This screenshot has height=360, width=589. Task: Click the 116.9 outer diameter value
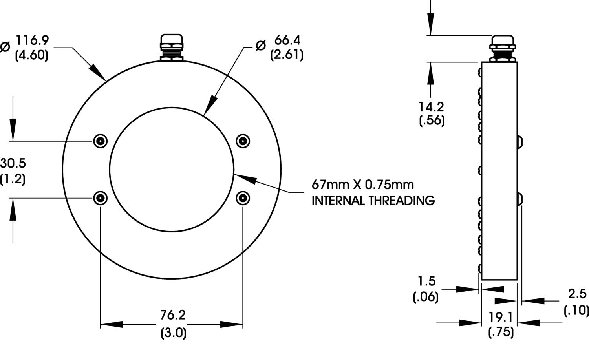pyautogui.click(x=33, y=40)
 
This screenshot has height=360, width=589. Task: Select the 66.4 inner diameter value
pyautogui.click(x=287, y=40)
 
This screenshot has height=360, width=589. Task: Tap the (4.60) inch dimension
pyautogui.click(x=32, y=55)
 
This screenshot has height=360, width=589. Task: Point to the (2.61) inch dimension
pyautogui.click(x=287, y=55)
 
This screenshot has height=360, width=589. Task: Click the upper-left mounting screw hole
pyautogui.click(x=100, y=141)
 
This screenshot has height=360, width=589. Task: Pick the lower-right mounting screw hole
pyautogui.click(x=243, y=198)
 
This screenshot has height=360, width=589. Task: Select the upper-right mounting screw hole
pyautogui.click(x=243, y=141)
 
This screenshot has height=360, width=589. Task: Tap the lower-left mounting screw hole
pyautogui.click(x=100, y=198)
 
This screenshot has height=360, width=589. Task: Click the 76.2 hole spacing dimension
pyautogui.click(x=173, y=315)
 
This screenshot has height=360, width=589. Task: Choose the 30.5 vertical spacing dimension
pyautogui.click(x=13, y=163)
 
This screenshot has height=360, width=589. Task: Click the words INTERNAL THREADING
pyautogui.click(x=373, y=201)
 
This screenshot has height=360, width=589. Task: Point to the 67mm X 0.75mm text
pyautogui.click(x=362, y=185)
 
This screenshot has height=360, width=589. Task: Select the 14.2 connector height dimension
pyautogui.click(x=431, y=107)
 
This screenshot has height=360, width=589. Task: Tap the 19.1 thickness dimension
pyautogui.click(x=501, y=317)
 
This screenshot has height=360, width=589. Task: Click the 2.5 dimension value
pyautogui.click(x=577, y=294)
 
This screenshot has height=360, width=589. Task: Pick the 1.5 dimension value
pyautogui.click(x=427, y=281)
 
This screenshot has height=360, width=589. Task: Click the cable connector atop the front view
pyautogui.click(x=172, y=48)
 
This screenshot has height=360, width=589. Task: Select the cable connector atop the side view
pyautogui.click(x=502, y=48)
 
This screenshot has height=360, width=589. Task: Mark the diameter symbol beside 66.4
pyautogui.click(x=261, y=46)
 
